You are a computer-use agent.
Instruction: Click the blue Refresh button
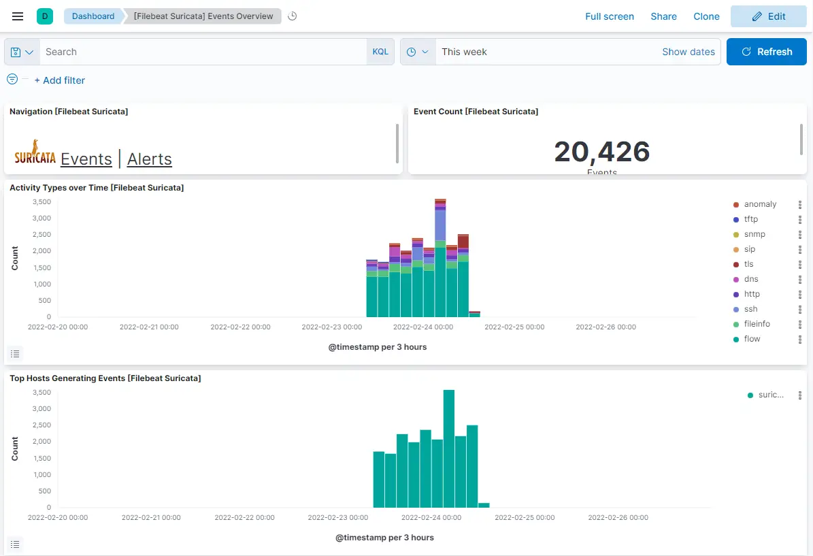pyautogui.click(x=766, y=52)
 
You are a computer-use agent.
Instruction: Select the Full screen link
pyautogui.click(x=609, y=16)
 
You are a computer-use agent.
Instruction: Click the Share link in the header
pyautogui.click(x=663, y=16)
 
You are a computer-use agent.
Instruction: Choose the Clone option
pyautogui.click(x=706, y=16)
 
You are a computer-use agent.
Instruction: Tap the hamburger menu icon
pyautogui.click(x=18, y=16)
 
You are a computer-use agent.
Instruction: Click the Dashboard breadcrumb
pyautogui.click(x=93, y=16)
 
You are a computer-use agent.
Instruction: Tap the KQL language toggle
pyautogui.click(x=380, y=52)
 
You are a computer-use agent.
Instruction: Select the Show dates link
pyautogui.click(x=688, y=52)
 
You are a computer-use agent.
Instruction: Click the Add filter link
pyautogui.click(x=60, y=80)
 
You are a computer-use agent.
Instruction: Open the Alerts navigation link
pyautogui.click(x=150, y=159)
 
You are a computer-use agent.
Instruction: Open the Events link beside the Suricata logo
pyautogui.click(x=86, y=159)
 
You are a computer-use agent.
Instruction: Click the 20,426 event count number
pyautogui.click(x=601, y=152)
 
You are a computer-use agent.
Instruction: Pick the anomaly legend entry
pyautogui.click(x=760, y=204)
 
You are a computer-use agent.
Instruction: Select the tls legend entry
pyautogui.click(x=748, y=264)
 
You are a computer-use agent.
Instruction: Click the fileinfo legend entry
pyautogui.click(x=757, y=324)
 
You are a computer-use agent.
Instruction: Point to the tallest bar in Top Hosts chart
pyautogui.click(x=449, y=449)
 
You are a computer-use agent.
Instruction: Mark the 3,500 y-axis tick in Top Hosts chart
pyautogui.click(x=42, y=393)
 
